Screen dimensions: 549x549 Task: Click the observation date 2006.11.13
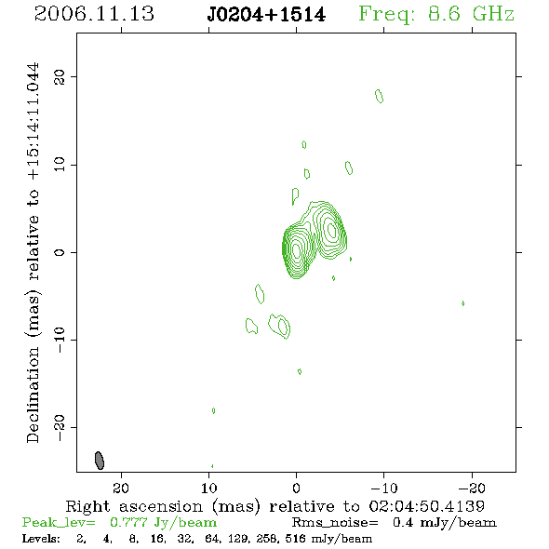click(x=94, y=14)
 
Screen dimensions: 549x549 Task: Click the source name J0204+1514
click(x=266, y=15)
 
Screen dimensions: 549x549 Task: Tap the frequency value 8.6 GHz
click(x=471, y=14)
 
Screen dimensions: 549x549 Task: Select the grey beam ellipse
click(x=100, y=461)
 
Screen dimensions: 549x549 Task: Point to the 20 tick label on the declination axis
click(x=60, y=77)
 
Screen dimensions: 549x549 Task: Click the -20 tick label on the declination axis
click(x=60, y=428)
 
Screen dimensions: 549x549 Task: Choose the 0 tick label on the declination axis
click(x=60, y=252)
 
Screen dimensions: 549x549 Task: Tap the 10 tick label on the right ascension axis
click(x=209, y=488)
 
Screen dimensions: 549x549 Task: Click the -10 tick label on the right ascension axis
click(x=384, y=488)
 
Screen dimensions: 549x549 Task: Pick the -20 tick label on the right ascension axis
click(x=472, y=488)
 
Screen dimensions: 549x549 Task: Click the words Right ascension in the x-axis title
click(x=134, y=506)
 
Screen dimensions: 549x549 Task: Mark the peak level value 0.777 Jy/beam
click(x=163, y=522)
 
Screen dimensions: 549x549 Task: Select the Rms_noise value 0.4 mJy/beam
click(x=444, y=522)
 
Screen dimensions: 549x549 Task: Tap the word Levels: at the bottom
click(x=41, y=539)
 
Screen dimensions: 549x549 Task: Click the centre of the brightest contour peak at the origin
click(x=297, y=250)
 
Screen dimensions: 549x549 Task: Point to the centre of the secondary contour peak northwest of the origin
click(x=331, y=229)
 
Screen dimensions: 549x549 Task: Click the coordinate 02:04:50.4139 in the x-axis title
click(x=426, y=506)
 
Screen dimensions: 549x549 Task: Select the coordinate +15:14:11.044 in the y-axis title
click(x=33, y=122)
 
